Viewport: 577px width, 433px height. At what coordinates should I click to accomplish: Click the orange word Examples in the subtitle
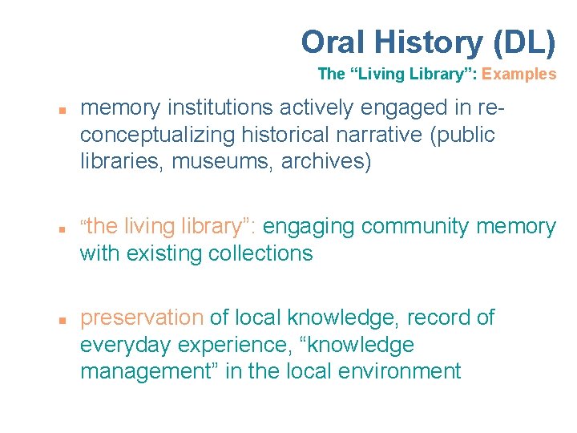[518, 75]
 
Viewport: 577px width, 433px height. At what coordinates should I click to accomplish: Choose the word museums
[238, 162]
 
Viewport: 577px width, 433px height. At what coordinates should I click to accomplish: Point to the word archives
[329, 162]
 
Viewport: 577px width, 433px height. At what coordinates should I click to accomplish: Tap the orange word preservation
[142, 318]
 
